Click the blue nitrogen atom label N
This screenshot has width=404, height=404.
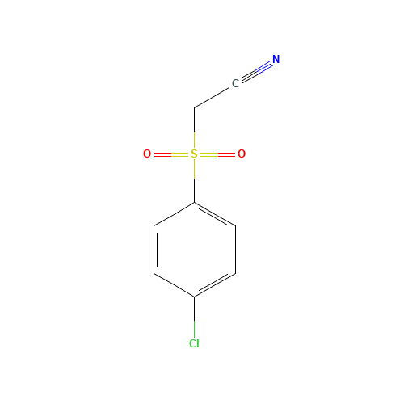pos(276,60)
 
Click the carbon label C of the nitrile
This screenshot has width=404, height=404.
pos(235,83)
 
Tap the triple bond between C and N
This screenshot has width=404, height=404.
pos(256,71)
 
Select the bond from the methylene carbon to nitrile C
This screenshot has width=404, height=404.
pos(213,96)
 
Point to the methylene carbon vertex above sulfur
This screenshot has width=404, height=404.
pos(194,107)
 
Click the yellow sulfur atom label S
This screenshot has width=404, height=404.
pos(194,154)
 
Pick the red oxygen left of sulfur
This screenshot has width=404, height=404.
pos(147,154)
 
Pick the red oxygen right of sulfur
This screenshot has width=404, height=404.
pos(241,154)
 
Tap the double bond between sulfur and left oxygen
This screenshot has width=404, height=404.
pos(170,154)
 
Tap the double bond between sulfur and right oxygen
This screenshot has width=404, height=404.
pos(217,154)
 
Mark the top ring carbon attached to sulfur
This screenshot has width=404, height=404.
pos(194,202)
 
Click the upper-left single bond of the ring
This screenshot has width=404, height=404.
pos(174,214)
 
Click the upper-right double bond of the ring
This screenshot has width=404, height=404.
pos(215,214)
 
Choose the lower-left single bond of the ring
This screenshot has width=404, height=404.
pos(174,285)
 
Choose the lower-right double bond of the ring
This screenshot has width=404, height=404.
pos(215,285)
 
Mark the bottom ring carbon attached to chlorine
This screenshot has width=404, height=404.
pos(194,297)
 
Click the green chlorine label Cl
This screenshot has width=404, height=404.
pos(194,343)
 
